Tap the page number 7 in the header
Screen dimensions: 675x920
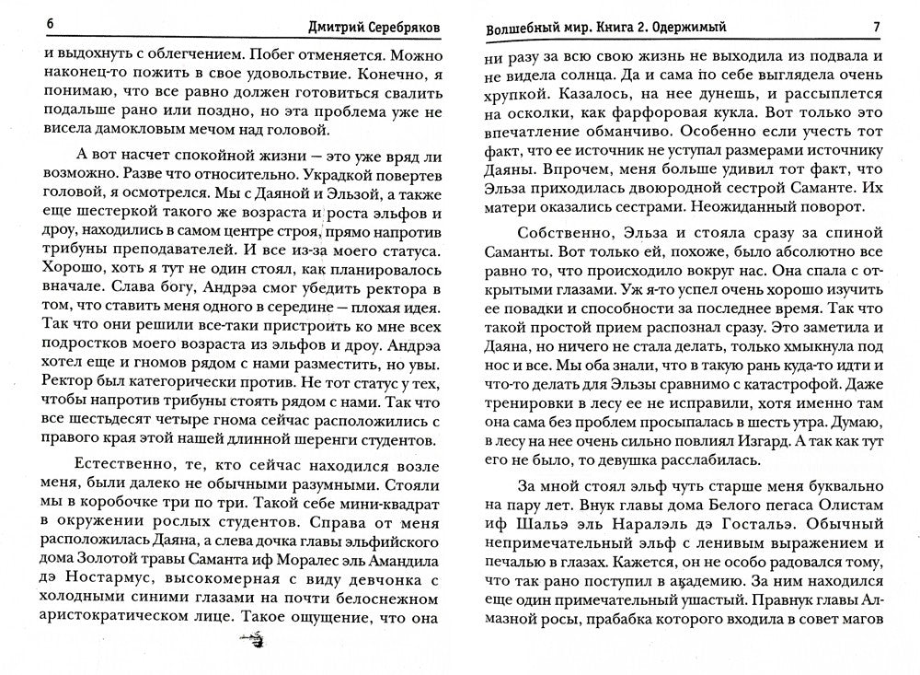tap(877, 27)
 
